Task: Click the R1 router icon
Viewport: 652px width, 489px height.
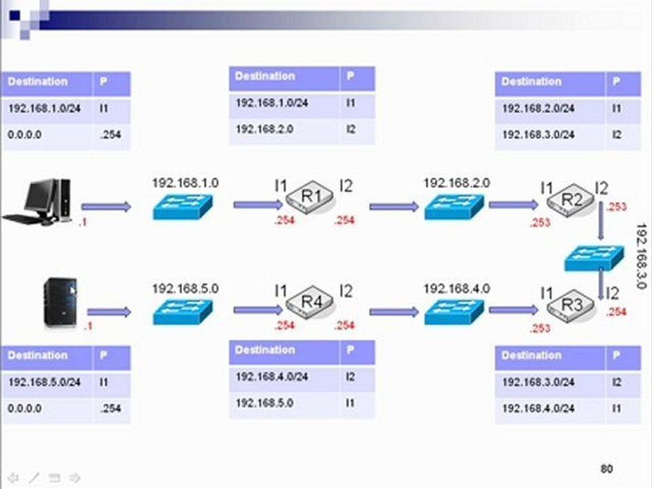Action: (x=310, y=197)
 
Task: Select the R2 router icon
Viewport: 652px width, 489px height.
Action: (x=570, y=200)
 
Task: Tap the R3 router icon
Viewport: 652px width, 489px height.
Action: (x=570, y=306)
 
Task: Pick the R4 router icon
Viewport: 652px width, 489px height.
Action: (x=310, y=302)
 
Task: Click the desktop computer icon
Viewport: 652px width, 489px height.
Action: (x=37, y=202)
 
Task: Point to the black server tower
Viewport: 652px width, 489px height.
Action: (x=60, y=302)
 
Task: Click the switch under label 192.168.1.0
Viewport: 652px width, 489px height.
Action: (x=183, y=206)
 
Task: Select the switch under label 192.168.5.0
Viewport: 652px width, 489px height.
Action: (x=183, y=312)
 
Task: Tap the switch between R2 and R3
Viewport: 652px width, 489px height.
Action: (x=594, y=258)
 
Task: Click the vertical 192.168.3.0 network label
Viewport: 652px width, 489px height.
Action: (x=642, y=256)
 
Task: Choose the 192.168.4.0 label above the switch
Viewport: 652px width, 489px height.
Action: (x=456, y=289)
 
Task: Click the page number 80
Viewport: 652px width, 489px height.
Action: (x=606, y=469)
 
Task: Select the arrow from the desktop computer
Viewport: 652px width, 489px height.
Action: (x=106, y=206)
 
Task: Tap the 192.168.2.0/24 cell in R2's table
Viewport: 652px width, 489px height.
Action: (x=539, y=109)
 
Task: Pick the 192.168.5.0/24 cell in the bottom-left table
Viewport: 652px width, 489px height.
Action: (x=45, y=382)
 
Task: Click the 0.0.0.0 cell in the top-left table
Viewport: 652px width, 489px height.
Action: (x=24, y=134)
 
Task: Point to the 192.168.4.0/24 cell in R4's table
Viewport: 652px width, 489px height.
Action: (x=272, y=377)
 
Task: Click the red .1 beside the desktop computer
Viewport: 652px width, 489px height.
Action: (x=83, y=223)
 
